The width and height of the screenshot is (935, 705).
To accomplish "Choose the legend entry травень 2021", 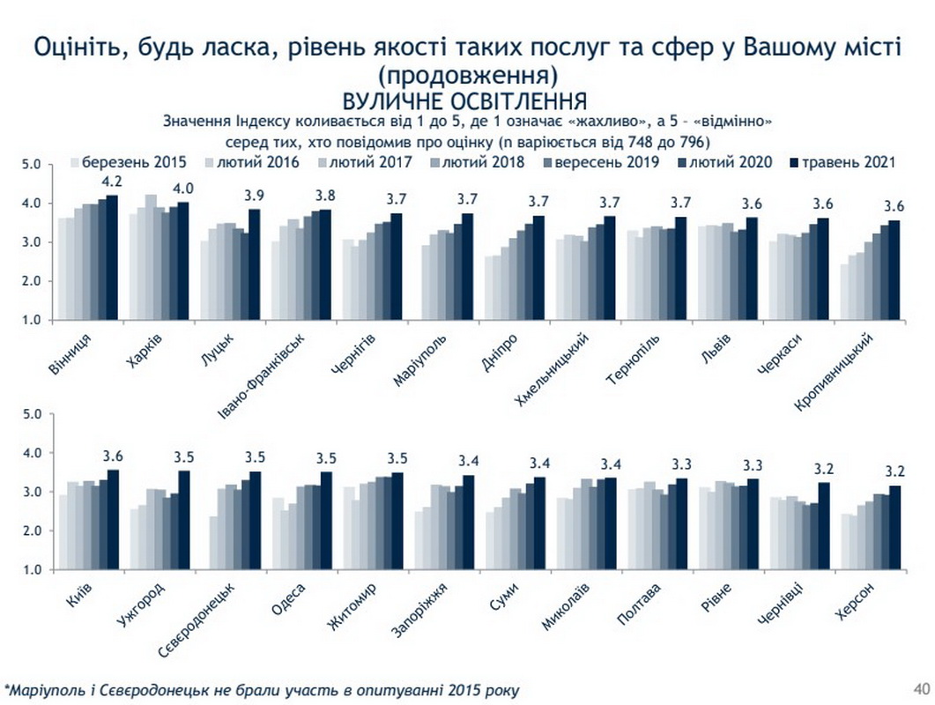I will [850, 162].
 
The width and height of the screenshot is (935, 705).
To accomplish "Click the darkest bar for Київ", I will [112, 519].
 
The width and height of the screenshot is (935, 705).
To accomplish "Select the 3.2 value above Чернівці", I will [825, 467].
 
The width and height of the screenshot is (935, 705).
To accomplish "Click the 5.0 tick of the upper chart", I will [33, 165].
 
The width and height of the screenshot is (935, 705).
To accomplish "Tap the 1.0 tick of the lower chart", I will [33, 570].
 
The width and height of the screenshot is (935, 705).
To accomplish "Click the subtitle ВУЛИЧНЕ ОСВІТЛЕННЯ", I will [466, 98].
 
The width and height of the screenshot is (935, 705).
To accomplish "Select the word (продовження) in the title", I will [467, 72].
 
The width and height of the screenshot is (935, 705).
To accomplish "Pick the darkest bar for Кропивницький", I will [894, 271].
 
